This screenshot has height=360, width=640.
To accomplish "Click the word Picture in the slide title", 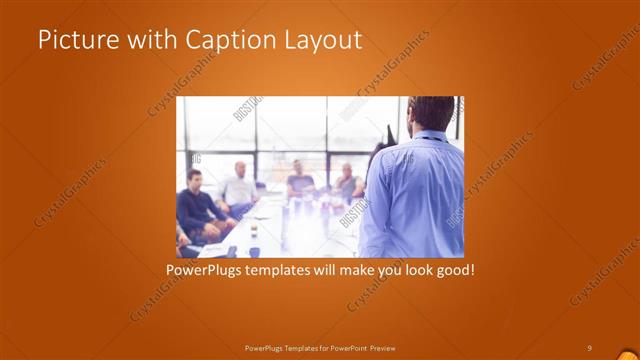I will (73, 40).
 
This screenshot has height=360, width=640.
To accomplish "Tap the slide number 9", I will (589, 347).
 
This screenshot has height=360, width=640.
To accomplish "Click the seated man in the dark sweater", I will (197, 205).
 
